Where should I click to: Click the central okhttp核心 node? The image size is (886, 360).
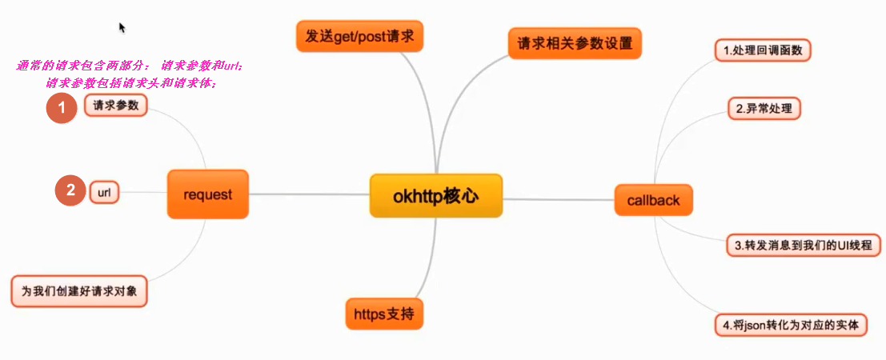[x=435, y=195]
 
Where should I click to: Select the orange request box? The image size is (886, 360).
[x=207, y=194]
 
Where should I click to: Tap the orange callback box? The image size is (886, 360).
[x=653, y=199]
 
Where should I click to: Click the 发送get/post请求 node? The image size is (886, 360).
[x=359, y=37]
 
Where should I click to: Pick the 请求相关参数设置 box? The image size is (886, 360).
[x=575, y=43]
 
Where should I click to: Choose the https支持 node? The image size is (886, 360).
[x=384, y=314]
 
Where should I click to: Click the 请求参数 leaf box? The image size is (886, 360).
[x=115, y=106]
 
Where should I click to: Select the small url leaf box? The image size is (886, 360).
[x=104, y=192]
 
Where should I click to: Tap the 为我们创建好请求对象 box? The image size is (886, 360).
[x=80, y=291]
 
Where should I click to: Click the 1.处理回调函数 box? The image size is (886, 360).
[x=762, y=51]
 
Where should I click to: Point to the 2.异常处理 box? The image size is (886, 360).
[x=764, y=108]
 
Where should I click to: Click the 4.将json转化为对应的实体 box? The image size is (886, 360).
[x=790, y=326]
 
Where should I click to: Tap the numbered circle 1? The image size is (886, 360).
[x=61, y=108]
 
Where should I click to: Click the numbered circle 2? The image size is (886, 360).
[x=70, y=190]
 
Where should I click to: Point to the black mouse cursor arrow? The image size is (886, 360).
[x=122, y=27]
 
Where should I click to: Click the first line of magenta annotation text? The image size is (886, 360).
[x=129, y=66]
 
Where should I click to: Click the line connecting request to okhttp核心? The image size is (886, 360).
[x=308, y=194]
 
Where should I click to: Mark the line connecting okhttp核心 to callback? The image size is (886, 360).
[x=558, y=199]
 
